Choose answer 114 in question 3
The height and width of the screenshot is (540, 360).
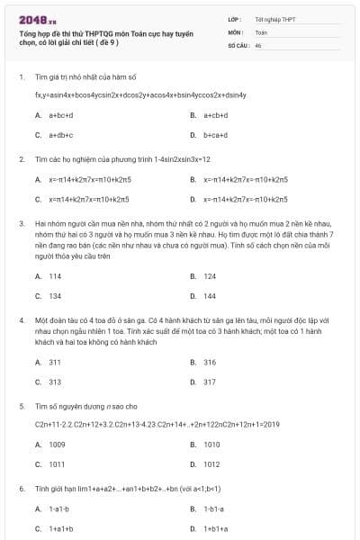pos(55,276)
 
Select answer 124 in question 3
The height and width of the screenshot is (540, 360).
pos(209,276)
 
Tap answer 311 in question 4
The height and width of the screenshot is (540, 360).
pos(55,362)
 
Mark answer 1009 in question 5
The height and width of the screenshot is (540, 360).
pos(57,445)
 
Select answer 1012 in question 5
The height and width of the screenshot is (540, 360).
pos(211,464)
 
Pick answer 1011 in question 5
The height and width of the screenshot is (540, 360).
pos(57,464)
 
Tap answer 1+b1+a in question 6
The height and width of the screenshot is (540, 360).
pos(216,528)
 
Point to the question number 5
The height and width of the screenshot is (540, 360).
pos(22,407)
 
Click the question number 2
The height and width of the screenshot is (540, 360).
pos(22,158)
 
